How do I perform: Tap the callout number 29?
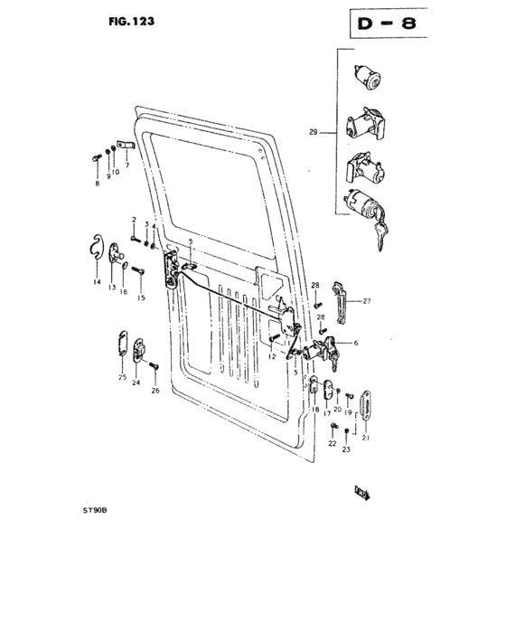tap(313, 134)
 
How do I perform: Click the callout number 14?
tap(96, 283)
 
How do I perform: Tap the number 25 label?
tap(121, 377)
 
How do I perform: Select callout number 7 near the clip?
tap(127, 166)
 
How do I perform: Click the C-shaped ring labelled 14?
tap(97, 249)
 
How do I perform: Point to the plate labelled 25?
tap(123, 345)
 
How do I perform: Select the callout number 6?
tap(355, 343)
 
